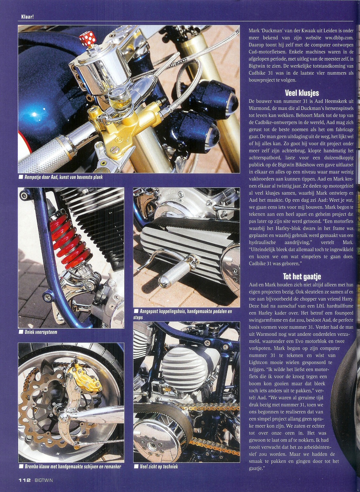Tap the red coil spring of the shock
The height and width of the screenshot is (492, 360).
(x=69, y=239)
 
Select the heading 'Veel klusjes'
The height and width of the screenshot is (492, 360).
(x=302, y=93)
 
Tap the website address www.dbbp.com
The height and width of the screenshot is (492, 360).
(x=339, y=38)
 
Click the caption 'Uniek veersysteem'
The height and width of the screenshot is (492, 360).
(x=41, y=332)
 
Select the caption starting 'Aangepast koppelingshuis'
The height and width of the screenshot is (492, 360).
(x=182, y=314)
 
